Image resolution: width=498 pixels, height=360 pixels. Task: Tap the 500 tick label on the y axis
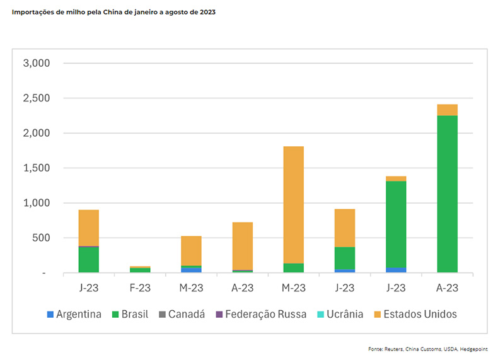pos(40,238)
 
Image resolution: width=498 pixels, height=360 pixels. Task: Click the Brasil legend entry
pos(133,314)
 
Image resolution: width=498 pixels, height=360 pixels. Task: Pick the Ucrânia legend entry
pos(344,314)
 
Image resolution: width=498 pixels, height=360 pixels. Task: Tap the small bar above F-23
pos(140,269)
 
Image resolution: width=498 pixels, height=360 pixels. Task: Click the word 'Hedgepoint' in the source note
pos(474,349)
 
